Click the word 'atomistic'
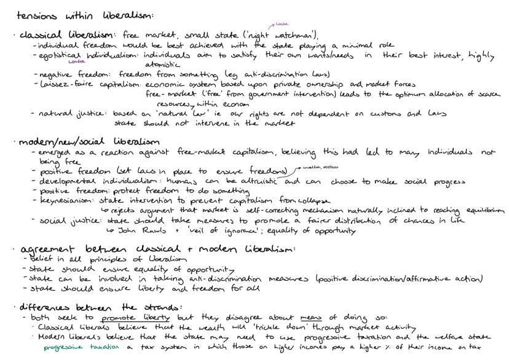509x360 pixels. pyautogui.click(x=162, y=65)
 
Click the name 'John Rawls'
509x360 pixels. pyautogui.click(x=136, y=231)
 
